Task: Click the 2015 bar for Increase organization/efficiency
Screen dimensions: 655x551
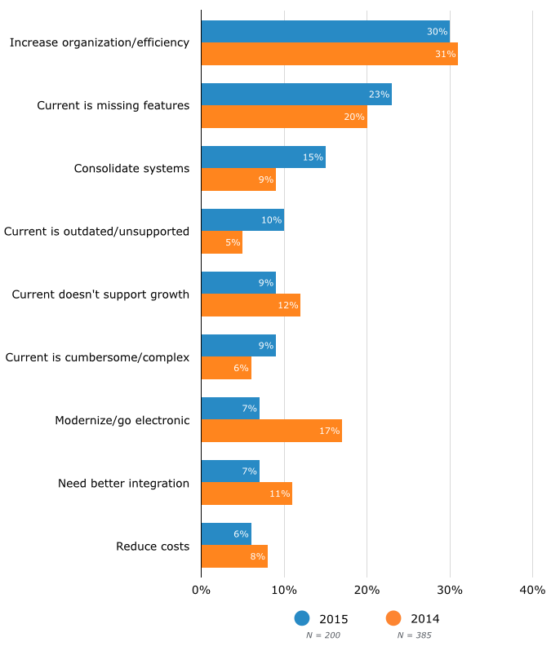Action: pos(325,31)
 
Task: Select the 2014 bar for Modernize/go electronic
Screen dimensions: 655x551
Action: pos(271,431)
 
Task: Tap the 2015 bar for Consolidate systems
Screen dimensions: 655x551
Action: pos(263,157)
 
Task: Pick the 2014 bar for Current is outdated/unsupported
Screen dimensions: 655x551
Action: pos(221,242)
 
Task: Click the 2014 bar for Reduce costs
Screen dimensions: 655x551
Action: pos(234,556)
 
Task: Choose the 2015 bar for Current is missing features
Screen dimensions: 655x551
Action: pos(296,94)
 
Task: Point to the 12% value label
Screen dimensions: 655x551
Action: pos(288,305)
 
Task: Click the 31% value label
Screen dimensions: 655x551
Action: pos(446,54)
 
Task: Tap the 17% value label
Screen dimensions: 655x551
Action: pos(330,431)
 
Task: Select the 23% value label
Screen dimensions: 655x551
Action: pos(379,94)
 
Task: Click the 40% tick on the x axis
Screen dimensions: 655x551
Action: pos(532,590)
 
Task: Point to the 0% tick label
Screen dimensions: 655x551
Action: pos(201,590)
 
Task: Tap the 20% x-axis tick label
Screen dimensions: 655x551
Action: pos(367,590)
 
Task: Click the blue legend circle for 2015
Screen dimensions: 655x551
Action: pos(303,618)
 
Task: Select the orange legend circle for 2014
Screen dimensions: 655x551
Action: pos(394,618)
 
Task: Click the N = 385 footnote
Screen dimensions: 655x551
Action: pos(414,635)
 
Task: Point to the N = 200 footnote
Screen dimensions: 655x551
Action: pos(322,635)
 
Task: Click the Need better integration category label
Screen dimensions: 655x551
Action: pos(123,483)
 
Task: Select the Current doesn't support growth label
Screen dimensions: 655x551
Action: pos(100,294)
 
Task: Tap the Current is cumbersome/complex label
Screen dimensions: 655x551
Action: pos(97,357)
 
